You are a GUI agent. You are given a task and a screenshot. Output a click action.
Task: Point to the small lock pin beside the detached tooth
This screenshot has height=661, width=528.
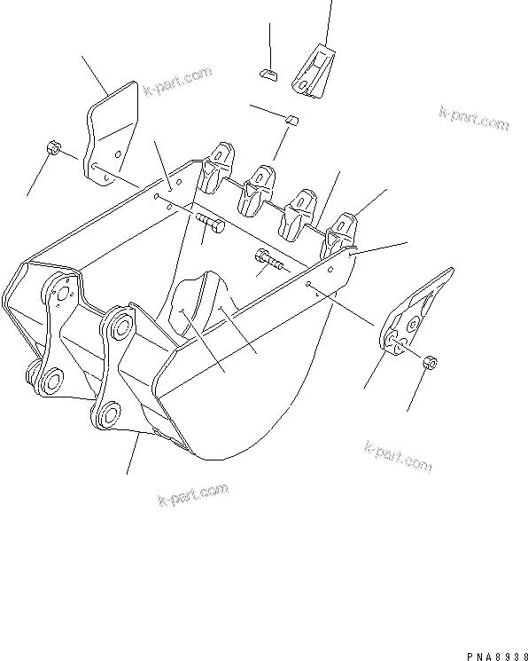[x=269, y=73]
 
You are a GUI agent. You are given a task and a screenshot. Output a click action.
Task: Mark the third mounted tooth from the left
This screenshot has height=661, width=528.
[x=298, y=212]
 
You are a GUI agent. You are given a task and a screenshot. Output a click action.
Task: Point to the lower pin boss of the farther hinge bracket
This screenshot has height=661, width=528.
[x=48, y=382]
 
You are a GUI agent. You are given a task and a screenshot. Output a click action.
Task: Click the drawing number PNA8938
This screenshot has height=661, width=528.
[x=493, y=654]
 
